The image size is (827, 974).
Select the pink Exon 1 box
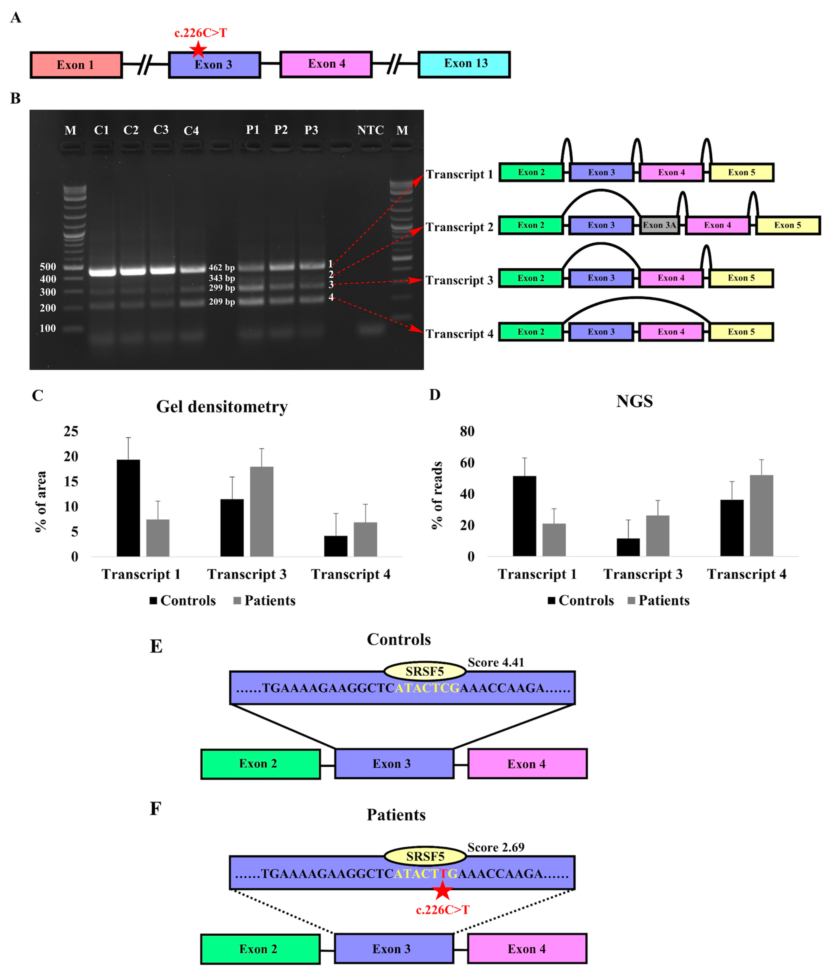pyautogui.click(x=76, y=65)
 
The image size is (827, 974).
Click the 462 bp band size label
pyautogui.click(x=222, y=268)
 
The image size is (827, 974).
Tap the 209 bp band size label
pyautogui.click(x=222, y=302)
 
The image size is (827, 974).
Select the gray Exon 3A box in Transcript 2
pyautogui.click(x=659, y=225)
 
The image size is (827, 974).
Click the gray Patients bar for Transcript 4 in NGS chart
pyautogui.click(x=761, y=516)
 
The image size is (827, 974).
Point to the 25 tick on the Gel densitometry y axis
pyautogui.click(x=71, y=431)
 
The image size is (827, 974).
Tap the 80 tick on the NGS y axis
pyautogui.click(x=467, y=431)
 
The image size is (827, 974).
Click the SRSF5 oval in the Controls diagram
pyautogui.click(x=425, y=671)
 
